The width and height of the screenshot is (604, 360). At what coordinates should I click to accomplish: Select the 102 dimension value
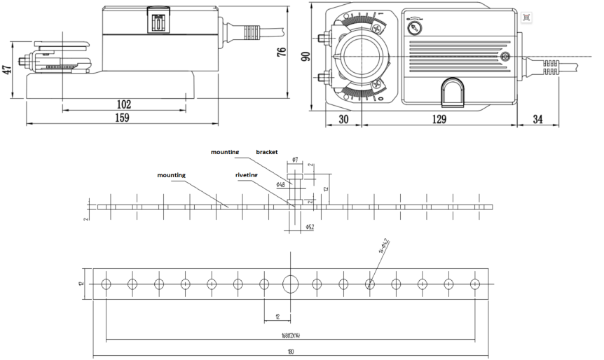point(124,104)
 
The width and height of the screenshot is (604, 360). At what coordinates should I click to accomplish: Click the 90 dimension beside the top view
point(305,57)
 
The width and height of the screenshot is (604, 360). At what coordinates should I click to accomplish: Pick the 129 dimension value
point(439,119)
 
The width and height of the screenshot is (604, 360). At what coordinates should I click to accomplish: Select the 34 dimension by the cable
point(538,119)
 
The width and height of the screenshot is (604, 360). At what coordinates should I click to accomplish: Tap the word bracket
point(266,151)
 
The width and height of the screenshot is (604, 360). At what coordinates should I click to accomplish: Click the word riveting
point(247,175)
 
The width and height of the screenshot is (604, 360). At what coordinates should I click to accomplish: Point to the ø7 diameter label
point(295,160)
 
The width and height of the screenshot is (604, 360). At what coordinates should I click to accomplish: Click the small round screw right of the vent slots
point(506,55)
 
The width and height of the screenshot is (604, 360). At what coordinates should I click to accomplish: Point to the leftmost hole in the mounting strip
point(107,284)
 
